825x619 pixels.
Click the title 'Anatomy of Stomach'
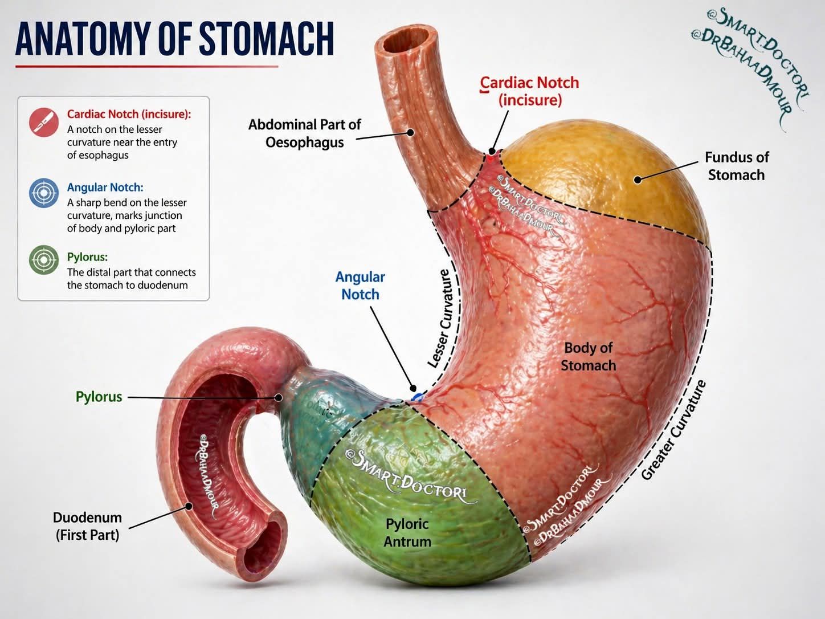pyautogui.click(x=174, y=39)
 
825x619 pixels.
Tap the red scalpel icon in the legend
pyautogui.click(x=44, y=122)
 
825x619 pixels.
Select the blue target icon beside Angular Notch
pyautogui.click(x=44, y=193)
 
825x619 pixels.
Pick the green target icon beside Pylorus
pyautogui.click(x=44, y=260)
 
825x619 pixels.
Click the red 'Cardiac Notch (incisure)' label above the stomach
pyautogui.click(x=529, y=91)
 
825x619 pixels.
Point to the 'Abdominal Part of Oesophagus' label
pyautogui.click(x=304, y=133)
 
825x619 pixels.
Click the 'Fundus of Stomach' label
pyautogui.click(x=737, y=166)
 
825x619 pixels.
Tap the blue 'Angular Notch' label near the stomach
pyautogui.click(x=360, y=286)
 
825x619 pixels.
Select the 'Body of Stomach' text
pyautogui.click(x=588, y=356)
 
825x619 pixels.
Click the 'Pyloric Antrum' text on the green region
pyautogui.click(x=407, y=532)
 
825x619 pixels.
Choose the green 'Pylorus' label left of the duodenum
pyautogui.click(x=99, y=397)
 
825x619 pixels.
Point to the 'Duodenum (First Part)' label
pyautogui.click(x=87, y=526)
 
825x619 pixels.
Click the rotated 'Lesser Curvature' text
pyautogui.click(x=443, y=319)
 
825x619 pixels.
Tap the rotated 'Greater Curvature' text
pyautogui.click(x=673, y=430)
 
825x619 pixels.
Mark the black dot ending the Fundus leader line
pyautogui.click(x=638, y=180)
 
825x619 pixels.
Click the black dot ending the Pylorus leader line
pyautogui.click(x=279, y=397)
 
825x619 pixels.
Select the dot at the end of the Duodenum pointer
pyautogui.click(x=189, y=506)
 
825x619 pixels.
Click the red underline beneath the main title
pyautogui.click(x=146, y=67)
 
